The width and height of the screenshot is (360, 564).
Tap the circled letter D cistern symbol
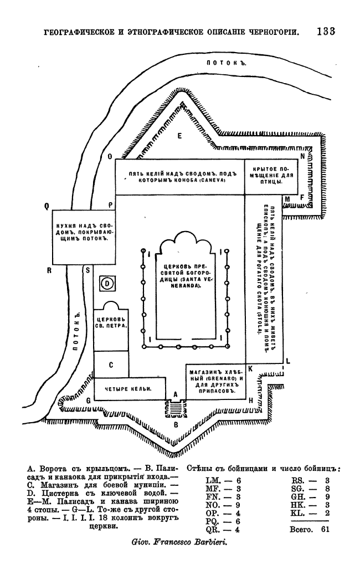(107, 284)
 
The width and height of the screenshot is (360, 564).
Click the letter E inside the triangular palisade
(179, 135)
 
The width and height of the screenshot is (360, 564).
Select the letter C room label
(111, 365)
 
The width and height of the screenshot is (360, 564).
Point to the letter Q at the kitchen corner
(48, 206)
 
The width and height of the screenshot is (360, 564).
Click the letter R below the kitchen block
(49, 270)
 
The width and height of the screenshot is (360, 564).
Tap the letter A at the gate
(175, 394)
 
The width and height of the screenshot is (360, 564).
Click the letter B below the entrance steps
(176, 425)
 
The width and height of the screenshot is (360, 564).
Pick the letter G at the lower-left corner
(88, 400)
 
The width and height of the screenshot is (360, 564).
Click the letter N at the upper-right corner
(302, 156)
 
